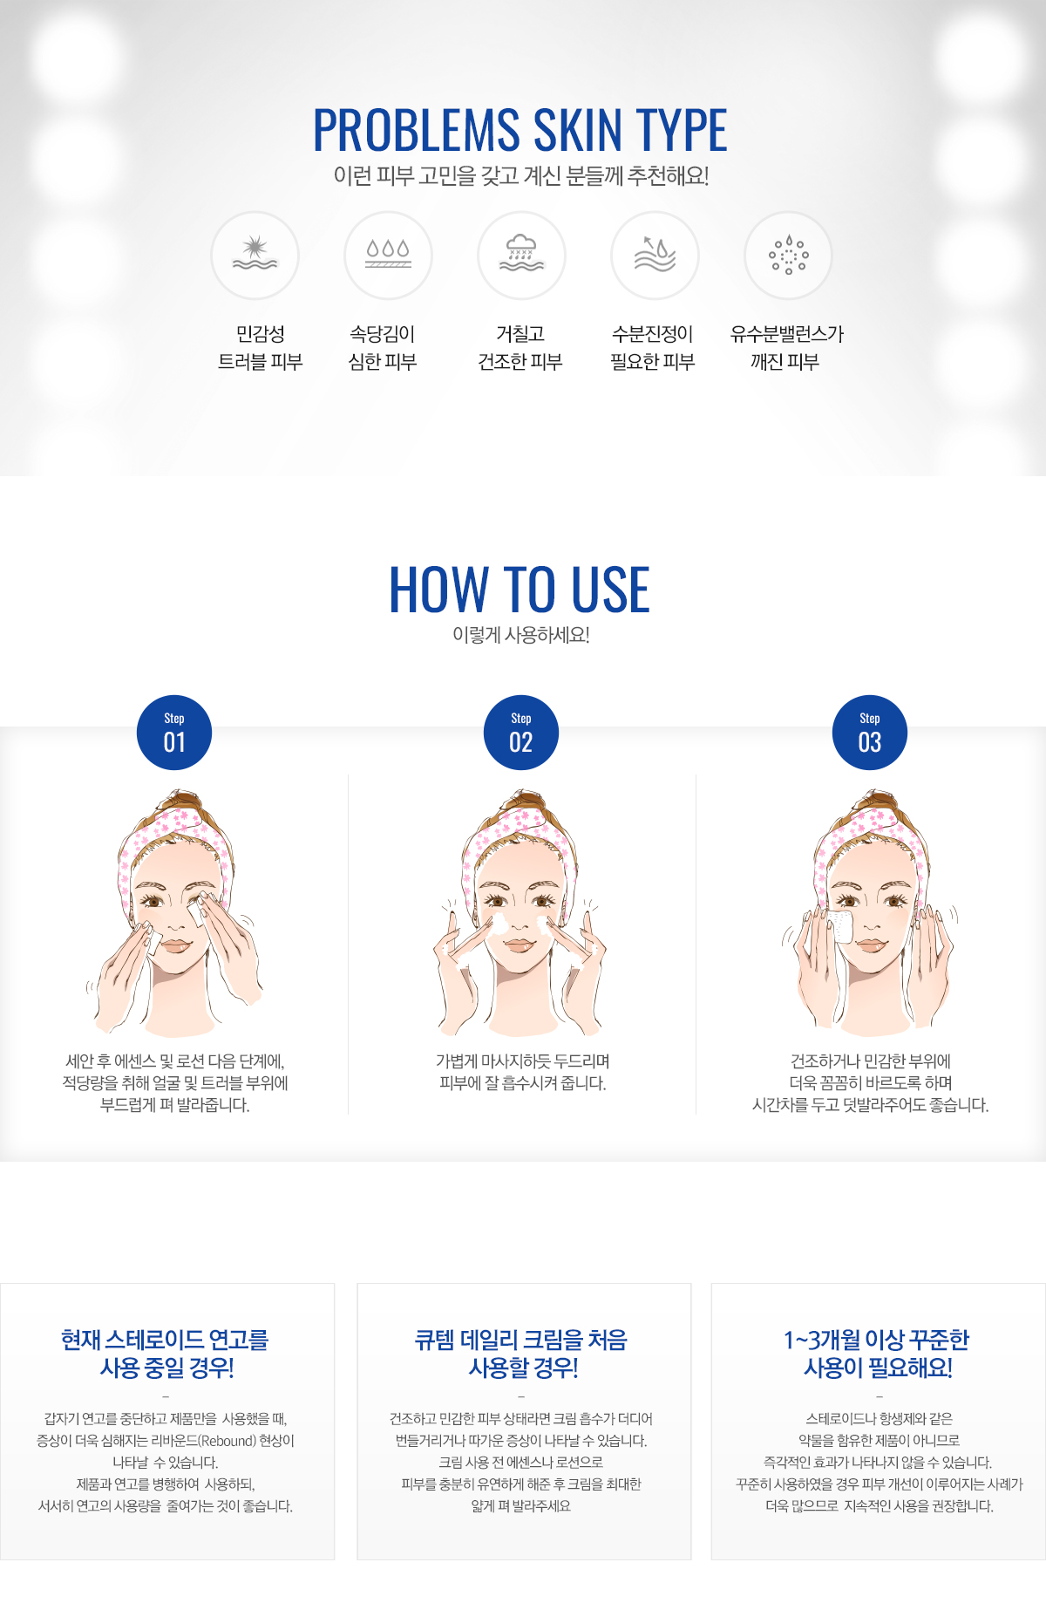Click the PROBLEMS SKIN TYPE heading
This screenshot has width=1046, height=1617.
(520, 130)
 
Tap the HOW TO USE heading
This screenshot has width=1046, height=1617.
(520, 589)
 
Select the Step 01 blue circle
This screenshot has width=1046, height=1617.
(174, 733)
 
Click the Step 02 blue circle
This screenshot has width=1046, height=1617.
(521, 733)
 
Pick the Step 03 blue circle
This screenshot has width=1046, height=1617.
(870, 733)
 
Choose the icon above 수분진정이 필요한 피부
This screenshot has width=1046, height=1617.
(655, 254)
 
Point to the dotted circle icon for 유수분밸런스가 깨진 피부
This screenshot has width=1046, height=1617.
(788, 255)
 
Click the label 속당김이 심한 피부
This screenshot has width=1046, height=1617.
(383, 348)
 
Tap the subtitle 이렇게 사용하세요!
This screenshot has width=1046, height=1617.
(521, 635)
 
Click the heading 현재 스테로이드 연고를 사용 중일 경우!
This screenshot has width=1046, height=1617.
(166, 1354)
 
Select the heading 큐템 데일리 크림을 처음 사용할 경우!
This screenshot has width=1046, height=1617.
(521, 1354)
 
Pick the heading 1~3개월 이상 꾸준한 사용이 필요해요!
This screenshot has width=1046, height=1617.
(877, 1354)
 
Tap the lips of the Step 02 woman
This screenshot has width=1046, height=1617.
(521, 946)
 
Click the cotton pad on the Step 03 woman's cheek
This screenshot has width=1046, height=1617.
(839, 926)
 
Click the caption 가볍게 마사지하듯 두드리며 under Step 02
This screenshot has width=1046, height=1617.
(522, 1061)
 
